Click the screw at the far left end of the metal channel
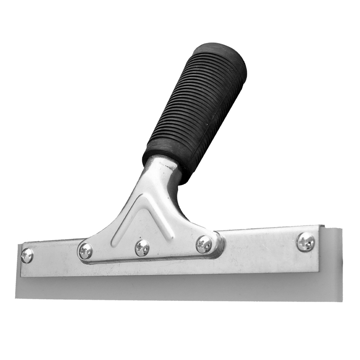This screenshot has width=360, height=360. click(x=27, y=256)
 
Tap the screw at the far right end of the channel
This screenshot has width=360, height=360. click(x=306, y=242)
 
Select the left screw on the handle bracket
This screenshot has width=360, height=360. click(x=86, y=251)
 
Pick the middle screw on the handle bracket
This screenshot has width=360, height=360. click(x=142, y=248)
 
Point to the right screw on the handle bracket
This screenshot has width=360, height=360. click(x=204, y=244)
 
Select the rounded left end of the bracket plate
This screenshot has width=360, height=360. click(x=80, y=252)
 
